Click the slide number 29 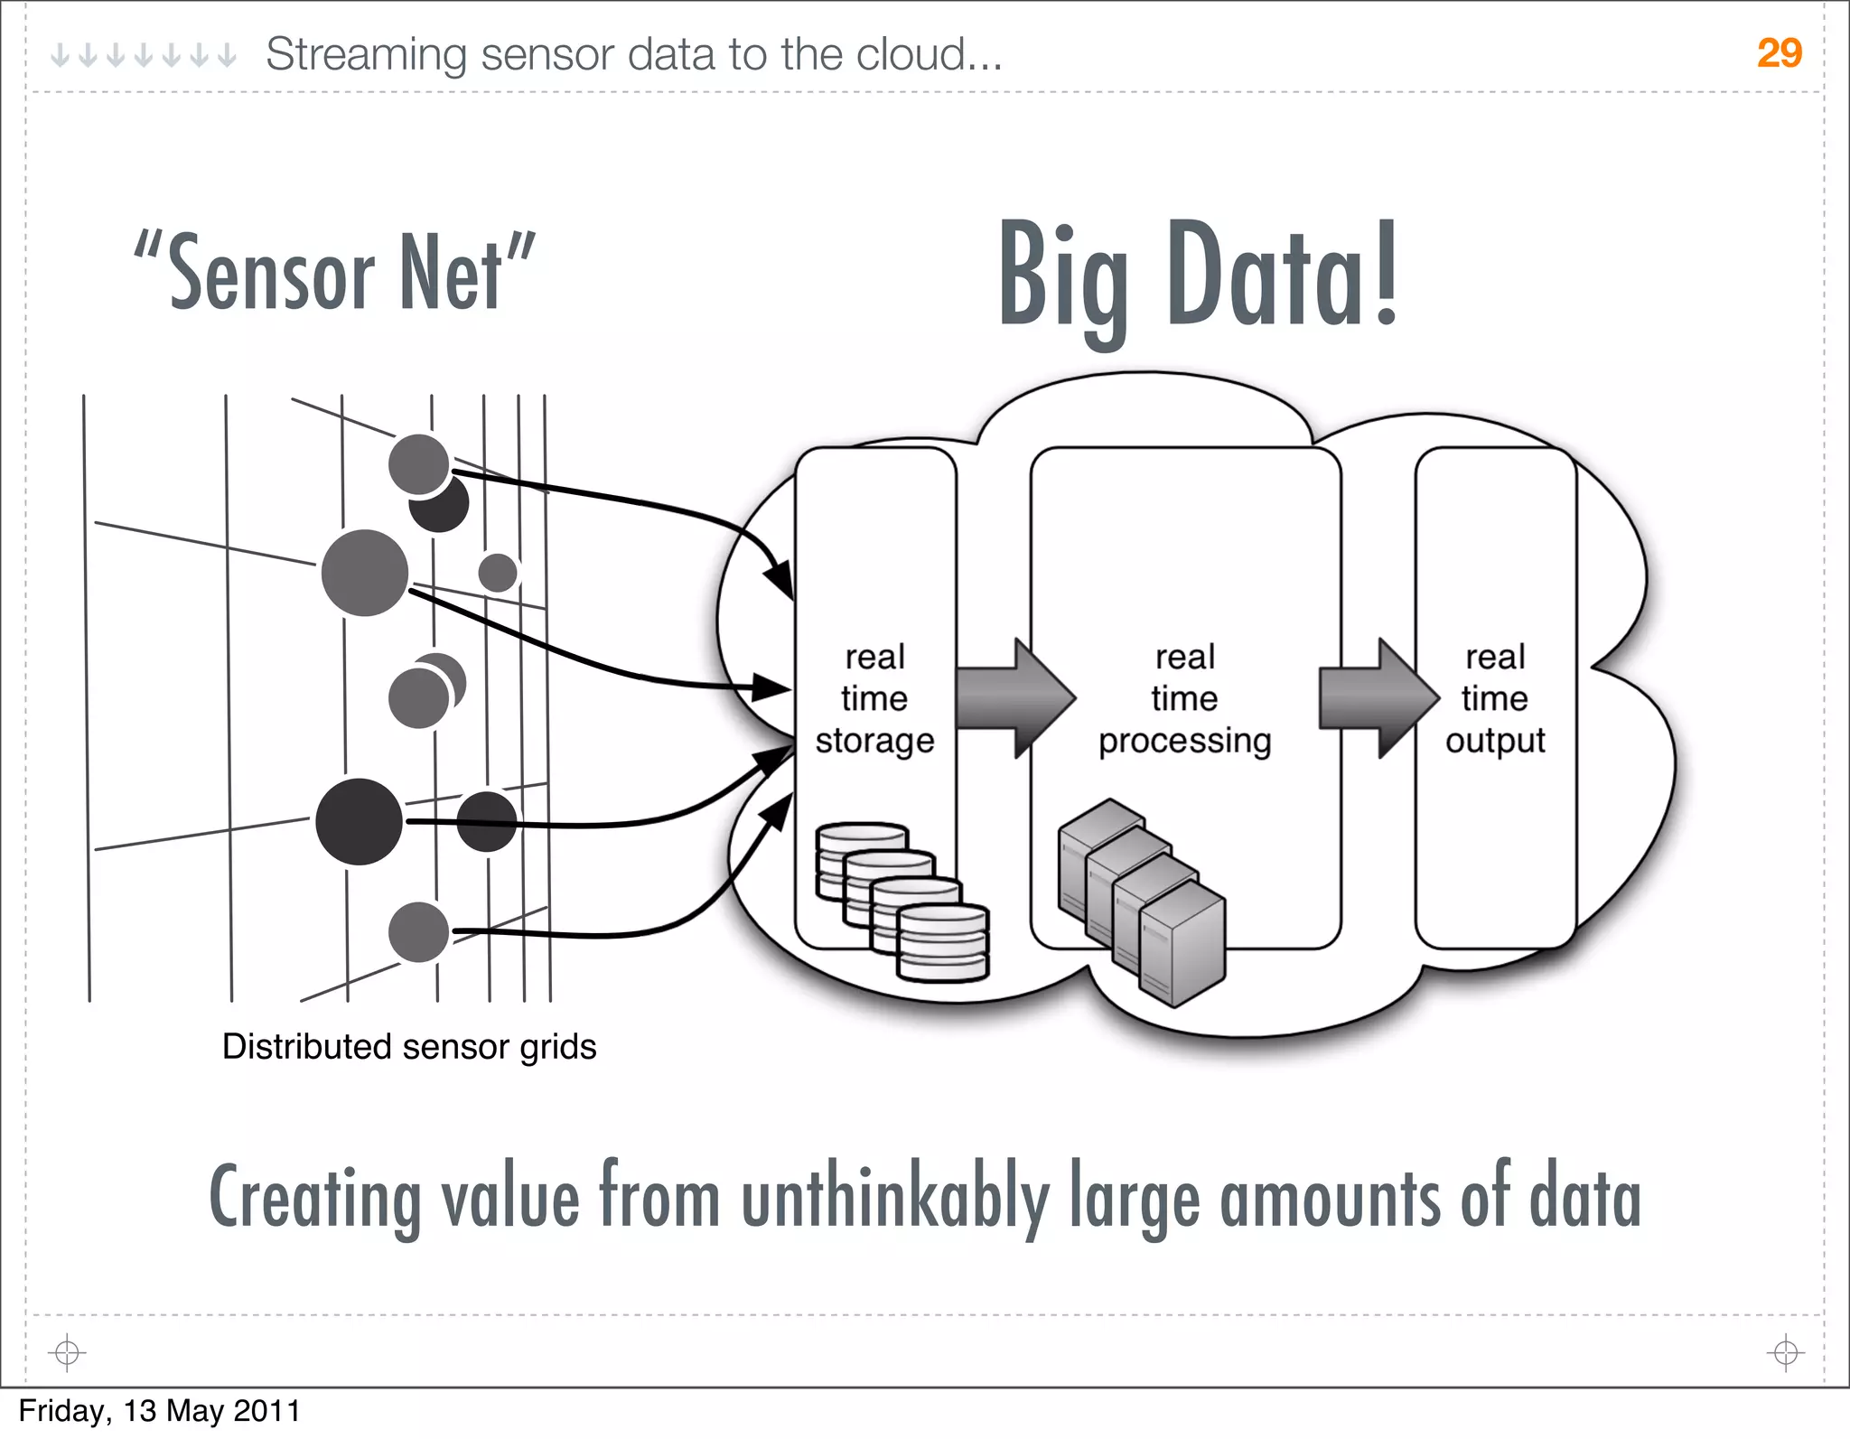1779,53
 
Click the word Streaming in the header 365,55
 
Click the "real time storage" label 874,698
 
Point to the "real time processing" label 1184,698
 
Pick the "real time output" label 1495,698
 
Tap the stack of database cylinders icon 902,901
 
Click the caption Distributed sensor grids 409,1047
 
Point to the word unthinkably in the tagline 895,1199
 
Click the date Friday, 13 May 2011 159,1411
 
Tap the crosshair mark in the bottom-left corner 67,1352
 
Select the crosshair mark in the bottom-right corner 1785,1352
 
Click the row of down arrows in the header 143,56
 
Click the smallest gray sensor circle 498,572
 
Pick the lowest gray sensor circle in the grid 418,931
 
